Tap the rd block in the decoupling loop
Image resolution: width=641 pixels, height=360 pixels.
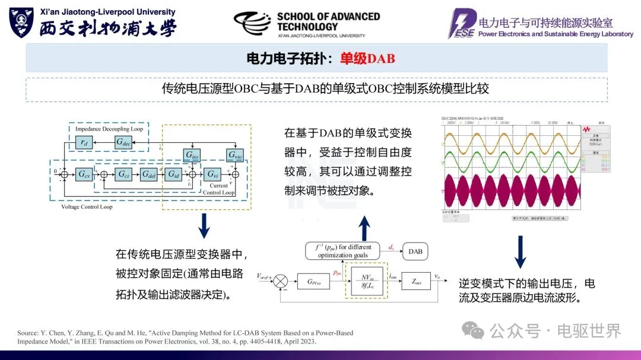(84, 142)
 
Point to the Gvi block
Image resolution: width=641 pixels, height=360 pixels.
(212, 174)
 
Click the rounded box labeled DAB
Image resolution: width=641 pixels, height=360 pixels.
(415, 251)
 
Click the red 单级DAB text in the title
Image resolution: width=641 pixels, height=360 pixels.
(367, 59)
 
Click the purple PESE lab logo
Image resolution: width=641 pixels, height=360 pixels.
(461, 24)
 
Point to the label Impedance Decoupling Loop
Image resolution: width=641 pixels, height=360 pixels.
(109, 128)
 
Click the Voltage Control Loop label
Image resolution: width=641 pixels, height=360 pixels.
(87, 207)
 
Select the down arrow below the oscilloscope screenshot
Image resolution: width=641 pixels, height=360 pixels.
(520, 251)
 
